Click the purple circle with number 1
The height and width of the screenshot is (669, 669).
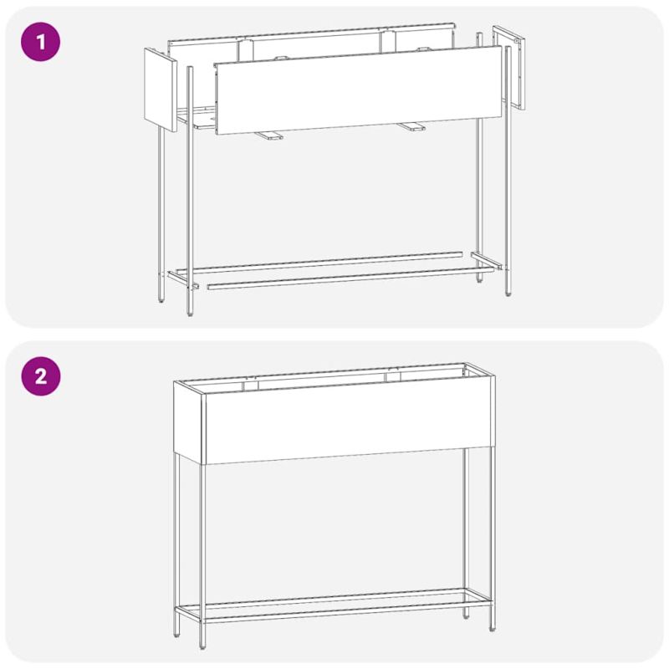[x=40, y=42]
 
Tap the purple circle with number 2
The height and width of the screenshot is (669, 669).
[x=40, y=376]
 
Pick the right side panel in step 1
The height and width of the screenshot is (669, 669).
[x=509, y=68]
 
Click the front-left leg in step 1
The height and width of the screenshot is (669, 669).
[x=190, y=192]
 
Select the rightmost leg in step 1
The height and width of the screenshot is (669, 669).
[x=508, y=171]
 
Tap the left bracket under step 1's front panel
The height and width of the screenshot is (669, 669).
[x=268, y=135]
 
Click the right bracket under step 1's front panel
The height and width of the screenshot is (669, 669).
[x=411, y=126]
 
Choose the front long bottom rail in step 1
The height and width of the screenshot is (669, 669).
[x=350, y=278]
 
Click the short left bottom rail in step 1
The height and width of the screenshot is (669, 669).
[x=183, y=280]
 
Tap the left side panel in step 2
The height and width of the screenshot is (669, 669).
[x=189, y=421]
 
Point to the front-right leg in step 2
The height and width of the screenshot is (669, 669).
[x=493, y=539]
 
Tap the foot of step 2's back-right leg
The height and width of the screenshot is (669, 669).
[x=466, y=615]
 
